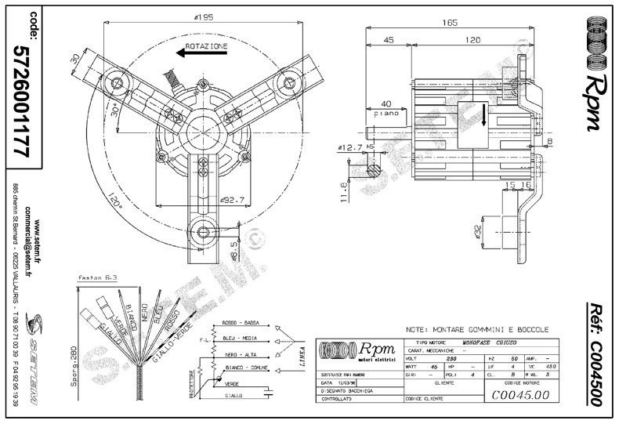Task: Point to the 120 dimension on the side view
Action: point(471,41)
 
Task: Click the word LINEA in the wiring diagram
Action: point(297,357)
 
